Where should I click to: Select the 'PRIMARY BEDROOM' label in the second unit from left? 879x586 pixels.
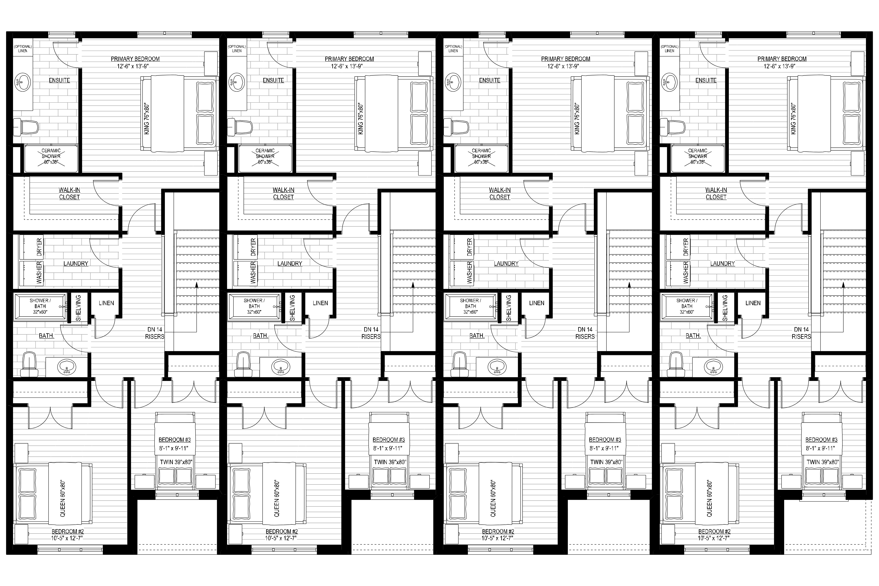349,59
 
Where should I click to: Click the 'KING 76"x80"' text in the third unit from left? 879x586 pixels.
577,119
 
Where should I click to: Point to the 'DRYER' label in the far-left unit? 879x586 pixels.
40,247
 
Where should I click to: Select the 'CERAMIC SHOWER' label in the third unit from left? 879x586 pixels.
481,153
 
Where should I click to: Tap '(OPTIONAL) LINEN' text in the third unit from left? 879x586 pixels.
453,49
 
